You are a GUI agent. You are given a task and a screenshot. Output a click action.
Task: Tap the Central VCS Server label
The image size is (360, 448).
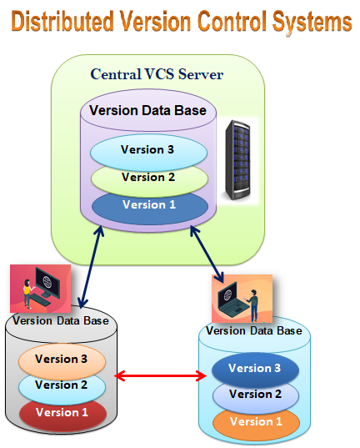[157, 75]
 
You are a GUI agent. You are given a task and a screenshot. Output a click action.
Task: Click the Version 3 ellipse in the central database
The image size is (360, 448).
[148, 151]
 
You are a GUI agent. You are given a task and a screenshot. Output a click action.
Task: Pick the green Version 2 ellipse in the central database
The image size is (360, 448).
[148, 179]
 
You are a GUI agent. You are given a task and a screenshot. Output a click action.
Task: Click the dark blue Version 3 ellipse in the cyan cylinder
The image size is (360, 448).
[254, 369]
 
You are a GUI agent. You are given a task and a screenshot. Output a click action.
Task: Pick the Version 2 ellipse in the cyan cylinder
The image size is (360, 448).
[254, 395]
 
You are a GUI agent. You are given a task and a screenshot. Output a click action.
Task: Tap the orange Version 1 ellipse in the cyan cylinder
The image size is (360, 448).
[254, 422]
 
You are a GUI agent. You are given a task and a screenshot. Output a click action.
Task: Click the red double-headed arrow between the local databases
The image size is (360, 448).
[159, 377]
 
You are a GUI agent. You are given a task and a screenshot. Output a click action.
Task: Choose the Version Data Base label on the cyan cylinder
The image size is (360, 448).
[253, 330]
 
